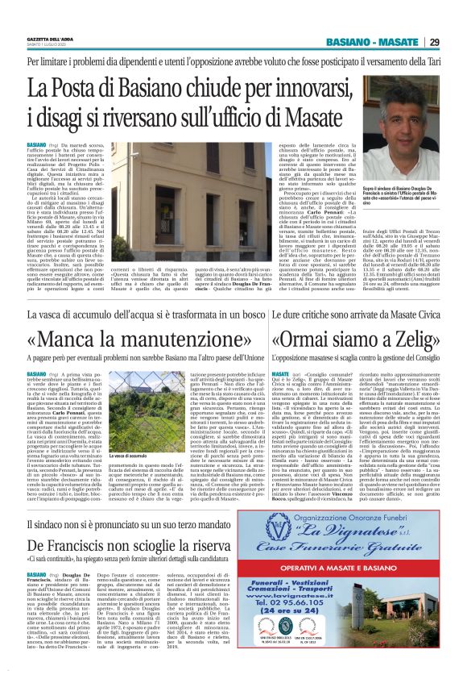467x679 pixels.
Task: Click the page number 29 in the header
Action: pos(434,42)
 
